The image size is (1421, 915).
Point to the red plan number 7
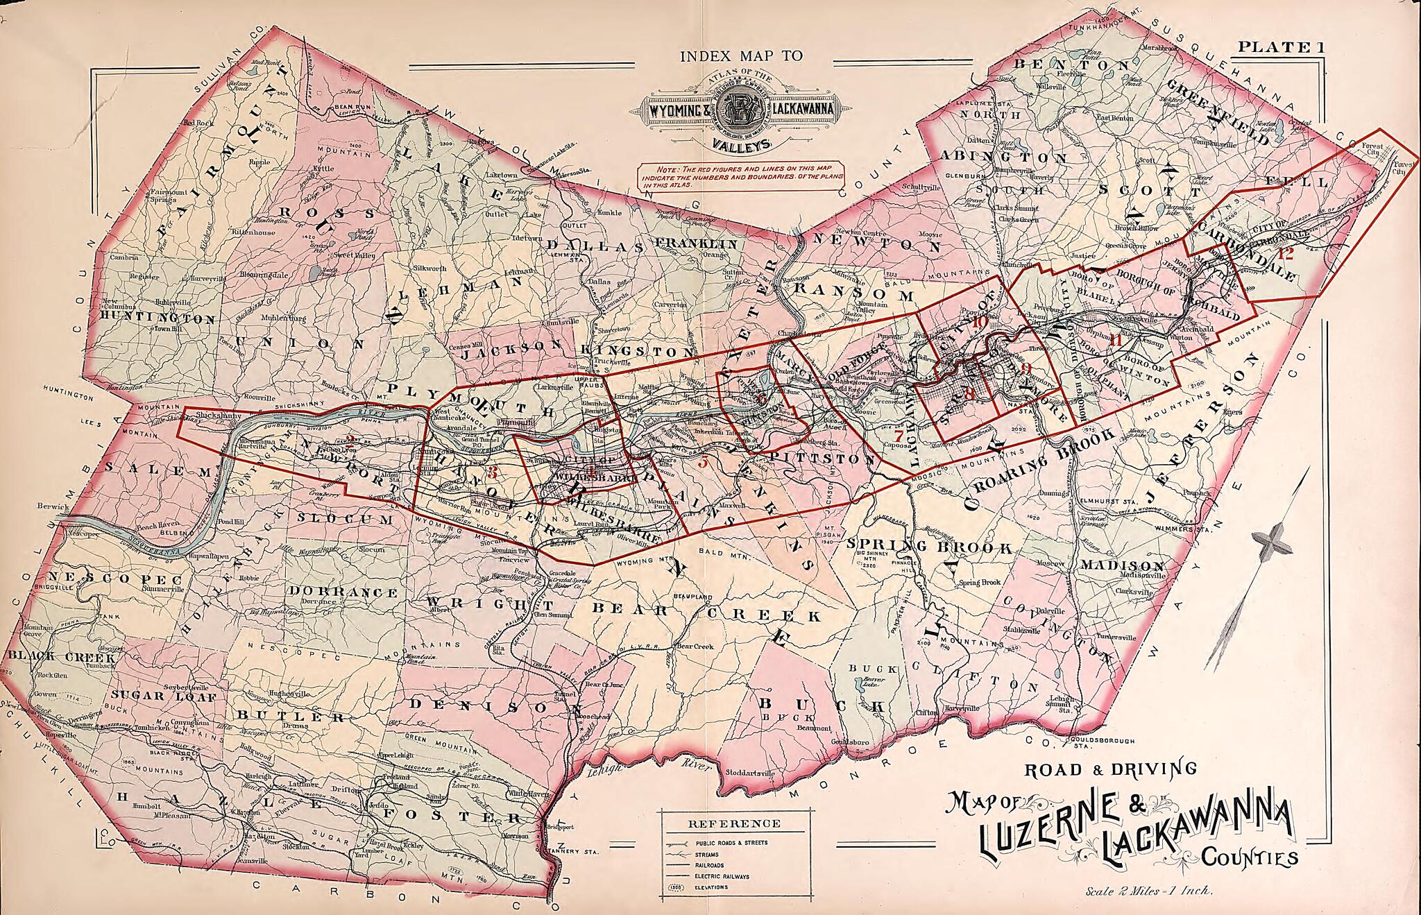[899, 436]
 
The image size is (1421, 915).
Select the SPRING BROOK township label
[930, 547]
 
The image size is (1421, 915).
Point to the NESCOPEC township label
[114, 579]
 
